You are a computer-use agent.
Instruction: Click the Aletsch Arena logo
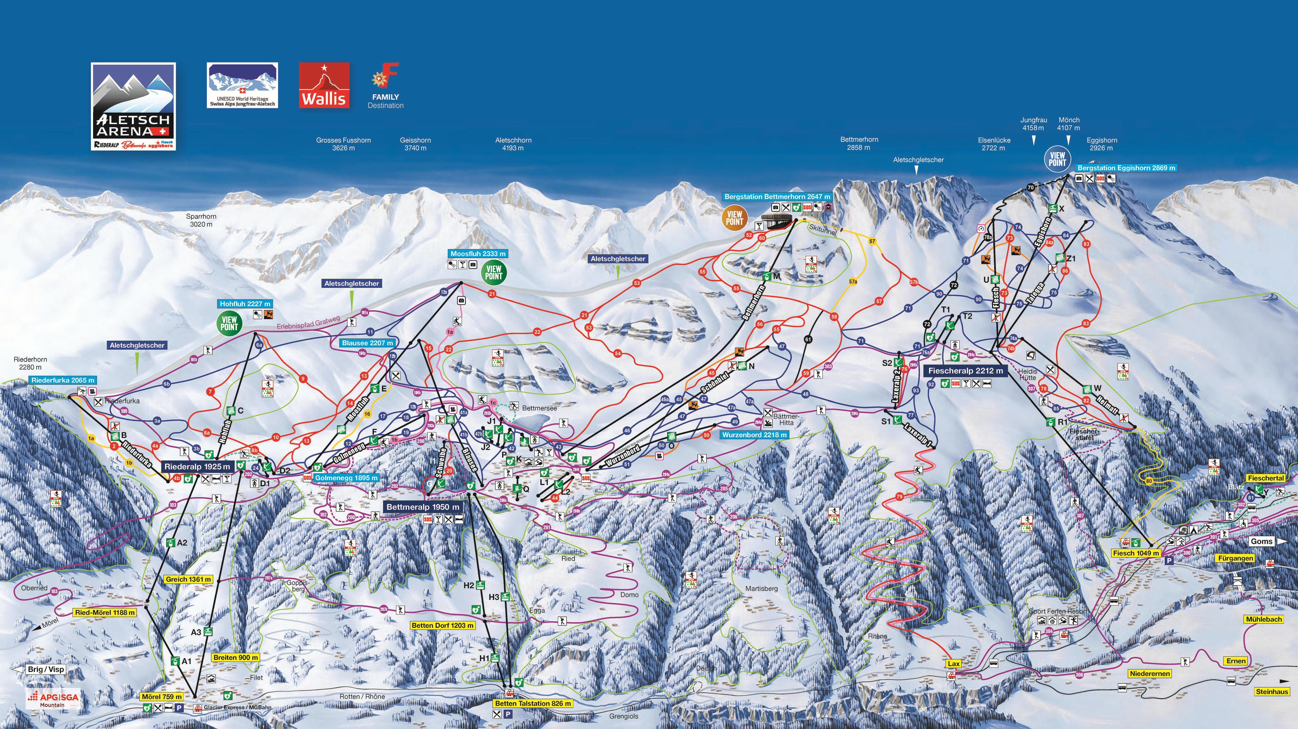pyautogui.click(x=133, y=106)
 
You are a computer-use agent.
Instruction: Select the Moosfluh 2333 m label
pyautogui.click(x=478, y=254)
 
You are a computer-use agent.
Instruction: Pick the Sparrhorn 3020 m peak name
pyautogui.click(x=201, y=220)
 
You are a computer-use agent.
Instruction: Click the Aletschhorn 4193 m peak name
pyautogui.click(x=513, y=144)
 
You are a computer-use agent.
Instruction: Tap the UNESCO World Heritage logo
pyautogui.click(x=242, y=85)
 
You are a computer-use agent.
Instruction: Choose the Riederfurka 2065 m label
pyautogui.click(x=62, y=381)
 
